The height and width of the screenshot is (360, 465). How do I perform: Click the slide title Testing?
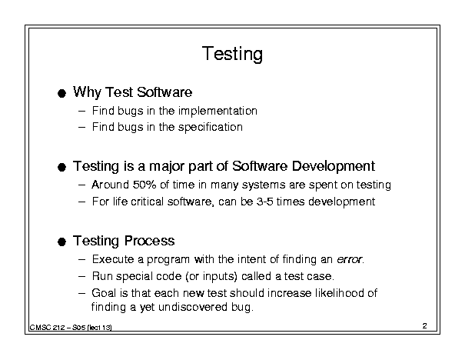(x=232, y=54)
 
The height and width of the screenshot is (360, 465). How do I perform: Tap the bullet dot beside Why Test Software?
(x=61, y=94)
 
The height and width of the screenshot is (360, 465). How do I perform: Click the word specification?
(x=211, y=127)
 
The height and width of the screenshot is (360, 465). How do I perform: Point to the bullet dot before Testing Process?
(x=61, y=242)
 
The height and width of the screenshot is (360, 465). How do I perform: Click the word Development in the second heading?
(x=334, y=166)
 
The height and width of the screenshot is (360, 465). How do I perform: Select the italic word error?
(x=349, y=259)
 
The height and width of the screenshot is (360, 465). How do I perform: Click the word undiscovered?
(x=193, y=307)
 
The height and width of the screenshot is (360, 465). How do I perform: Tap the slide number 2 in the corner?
(x=425, y=326)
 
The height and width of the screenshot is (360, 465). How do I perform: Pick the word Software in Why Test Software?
(x=164, y=92)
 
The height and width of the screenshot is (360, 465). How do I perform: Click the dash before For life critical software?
(x=81, y=202)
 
